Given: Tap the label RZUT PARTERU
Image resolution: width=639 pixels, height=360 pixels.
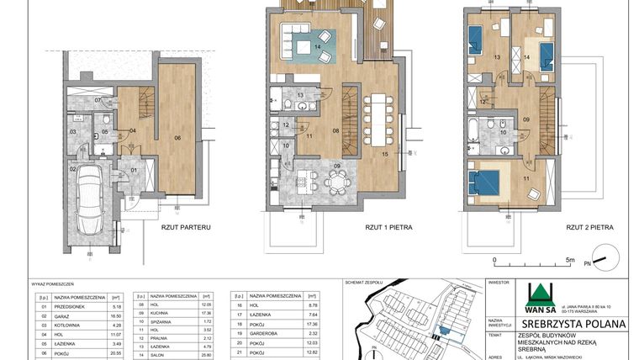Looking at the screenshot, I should [184, 227].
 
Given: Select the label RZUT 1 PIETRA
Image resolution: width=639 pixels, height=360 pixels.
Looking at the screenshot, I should [388, 227].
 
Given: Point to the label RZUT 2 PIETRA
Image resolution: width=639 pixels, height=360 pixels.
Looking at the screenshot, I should [588, 227].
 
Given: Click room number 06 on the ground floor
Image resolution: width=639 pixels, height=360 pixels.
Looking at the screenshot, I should [178, 137].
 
